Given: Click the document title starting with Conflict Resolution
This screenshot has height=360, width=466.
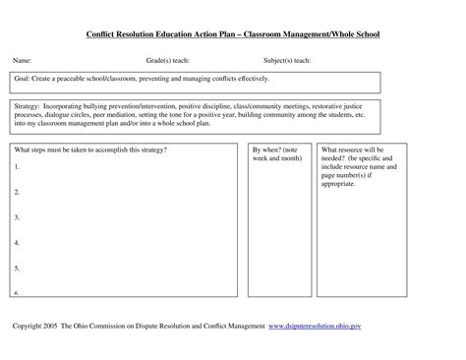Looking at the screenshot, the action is coord(232,35).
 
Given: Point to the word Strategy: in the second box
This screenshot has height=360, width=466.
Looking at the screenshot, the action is coord(29,104).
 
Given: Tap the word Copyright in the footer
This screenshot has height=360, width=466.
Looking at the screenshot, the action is coord(29,324).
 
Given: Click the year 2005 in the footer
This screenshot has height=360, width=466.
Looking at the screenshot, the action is coord(59,324).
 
